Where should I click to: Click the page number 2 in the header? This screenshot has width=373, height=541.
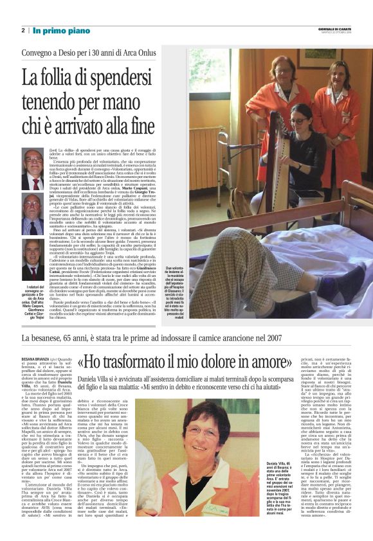[23, 30]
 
